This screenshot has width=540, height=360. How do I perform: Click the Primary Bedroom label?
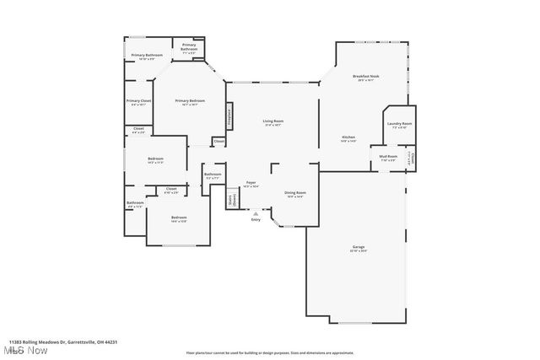[187, 103]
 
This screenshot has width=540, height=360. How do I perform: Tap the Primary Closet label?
[138, 103]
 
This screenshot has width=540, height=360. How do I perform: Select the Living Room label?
[273, 122]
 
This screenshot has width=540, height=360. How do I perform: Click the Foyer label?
[251, 183]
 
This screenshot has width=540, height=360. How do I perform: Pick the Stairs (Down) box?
[232, 200]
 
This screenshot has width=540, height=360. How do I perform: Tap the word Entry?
[256, 220]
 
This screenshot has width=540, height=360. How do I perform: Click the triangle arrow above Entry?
[256, 214]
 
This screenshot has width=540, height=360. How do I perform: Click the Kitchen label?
[348, 139]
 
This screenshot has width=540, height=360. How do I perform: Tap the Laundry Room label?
[399, 126]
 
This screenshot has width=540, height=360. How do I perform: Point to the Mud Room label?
[388, 158]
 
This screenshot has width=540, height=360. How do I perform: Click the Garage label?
[359, 248]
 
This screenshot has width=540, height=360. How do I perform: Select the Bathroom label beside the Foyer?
[212, 175]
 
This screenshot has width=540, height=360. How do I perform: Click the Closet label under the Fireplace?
[219, 142]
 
